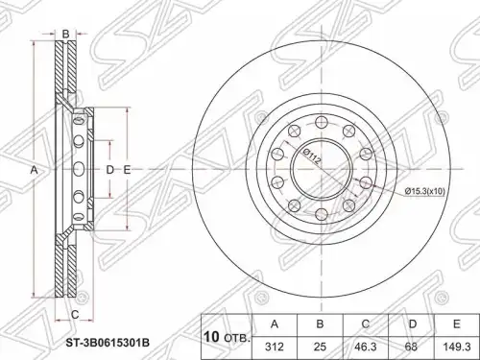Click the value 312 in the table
(275, 347)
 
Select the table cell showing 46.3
(366, 347)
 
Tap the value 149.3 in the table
(456, 347)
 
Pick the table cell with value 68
(411, 347)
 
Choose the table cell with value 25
(320, 347)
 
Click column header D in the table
(413, 324)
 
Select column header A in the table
(275, 324)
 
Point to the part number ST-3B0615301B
(108, 344)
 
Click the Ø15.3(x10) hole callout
(424, 191)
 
